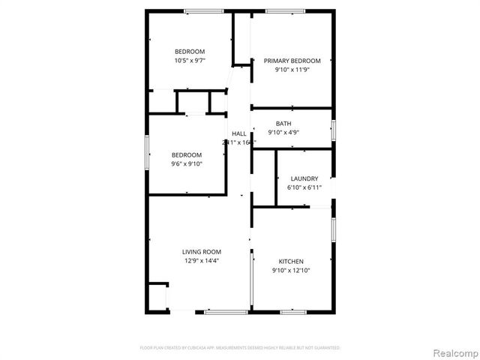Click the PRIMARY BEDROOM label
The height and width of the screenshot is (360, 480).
coord(292,61)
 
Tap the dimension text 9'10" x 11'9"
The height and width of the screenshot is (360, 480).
coord(292,70)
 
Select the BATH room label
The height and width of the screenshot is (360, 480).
coord(283,124)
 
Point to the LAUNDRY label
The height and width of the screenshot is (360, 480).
coord(304,178)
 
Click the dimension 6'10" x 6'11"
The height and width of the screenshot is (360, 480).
coord(304,187)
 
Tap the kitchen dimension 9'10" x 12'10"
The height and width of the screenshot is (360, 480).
coord(291,270)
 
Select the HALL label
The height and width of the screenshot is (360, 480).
coord(238,133)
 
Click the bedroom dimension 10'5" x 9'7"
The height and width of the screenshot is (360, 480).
coord(190,60)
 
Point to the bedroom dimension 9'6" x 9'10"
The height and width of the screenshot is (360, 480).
coord(187,163)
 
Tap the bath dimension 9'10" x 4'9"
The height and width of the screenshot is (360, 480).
coord(283,133)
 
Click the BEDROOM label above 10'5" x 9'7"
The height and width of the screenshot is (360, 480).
coord(190,51)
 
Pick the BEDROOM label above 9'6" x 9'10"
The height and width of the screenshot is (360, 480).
coord(187,154)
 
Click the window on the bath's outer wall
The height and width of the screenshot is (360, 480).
coord(334,128)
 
